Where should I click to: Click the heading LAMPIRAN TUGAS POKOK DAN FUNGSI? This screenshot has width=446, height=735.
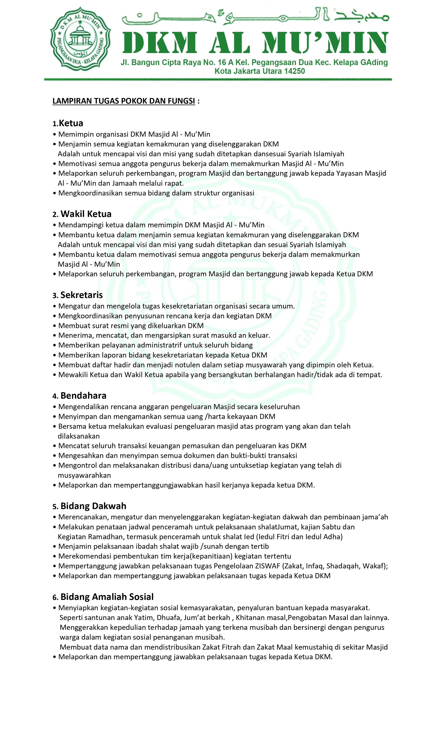tap(124, 101)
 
